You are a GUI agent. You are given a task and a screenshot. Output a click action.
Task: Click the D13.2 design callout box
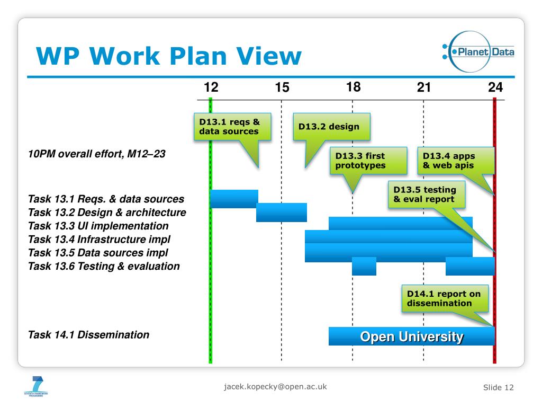tap(331, 127)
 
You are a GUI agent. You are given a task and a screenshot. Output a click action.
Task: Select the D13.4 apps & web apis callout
tap(455, 161)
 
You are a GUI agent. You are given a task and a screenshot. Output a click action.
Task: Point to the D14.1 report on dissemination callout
tap(444, 299)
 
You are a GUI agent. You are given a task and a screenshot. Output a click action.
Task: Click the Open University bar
tap(411, 337)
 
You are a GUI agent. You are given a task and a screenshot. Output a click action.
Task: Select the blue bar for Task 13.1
tap(234, 199)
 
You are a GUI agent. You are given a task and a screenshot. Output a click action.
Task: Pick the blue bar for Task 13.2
tap(281, 212)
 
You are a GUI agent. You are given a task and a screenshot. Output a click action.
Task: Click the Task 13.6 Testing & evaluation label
tap(104, 266)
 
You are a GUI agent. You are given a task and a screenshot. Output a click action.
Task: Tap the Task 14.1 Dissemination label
tap(88, 335)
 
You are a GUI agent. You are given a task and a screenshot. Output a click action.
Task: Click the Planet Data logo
tap(478, 52)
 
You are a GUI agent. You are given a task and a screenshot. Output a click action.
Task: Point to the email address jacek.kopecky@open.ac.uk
tap(275, 386)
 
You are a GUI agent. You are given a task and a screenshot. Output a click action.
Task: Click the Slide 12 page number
tap(498, 387)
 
